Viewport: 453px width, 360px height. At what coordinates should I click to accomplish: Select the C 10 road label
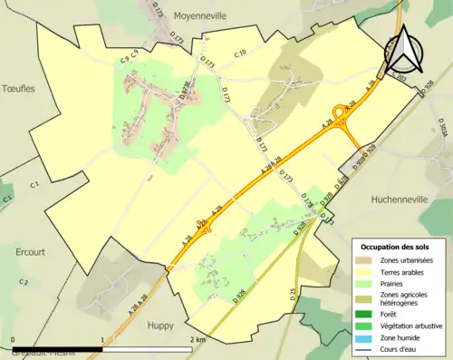240,54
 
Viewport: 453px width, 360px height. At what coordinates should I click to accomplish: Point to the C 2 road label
24,283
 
